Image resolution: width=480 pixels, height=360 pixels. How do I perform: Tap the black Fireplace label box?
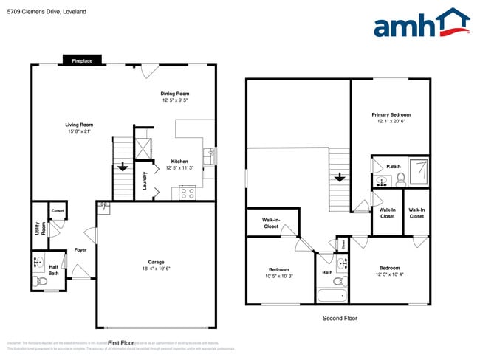(82, 61)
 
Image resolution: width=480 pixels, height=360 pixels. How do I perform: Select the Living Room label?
(79, 125)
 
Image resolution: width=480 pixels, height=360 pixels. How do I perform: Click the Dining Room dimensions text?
(176, 100)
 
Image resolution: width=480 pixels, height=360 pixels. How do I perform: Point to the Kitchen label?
(179, 161)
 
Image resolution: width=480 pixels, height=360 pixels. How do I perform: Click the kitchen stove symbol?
(187, 193)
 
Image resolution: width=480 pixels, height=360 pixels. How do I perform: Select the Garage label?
(156, 262)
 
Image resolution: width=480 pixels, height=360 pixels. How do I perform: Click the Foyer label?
(80, 250)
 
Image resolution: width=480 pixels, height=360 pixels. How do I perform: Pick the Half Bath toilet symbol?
(39, 280)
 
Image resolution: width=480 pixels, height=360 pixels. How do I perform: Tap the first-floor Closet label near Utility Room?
(58, 212)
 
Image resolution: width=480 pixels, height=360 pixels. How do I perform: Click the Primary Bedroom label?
(391, 114)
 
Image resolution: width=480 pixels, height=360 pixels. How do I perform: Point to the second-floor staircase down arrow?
(339, 178)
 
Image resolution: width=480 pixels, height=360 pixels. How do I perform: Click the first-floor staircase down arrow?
(120, 166)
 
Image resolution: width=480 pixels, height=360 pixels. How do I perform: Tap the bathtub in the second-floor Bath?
(332, 297)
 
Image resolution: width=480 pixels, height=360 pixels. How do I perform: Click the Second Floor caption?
(340, 318)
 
